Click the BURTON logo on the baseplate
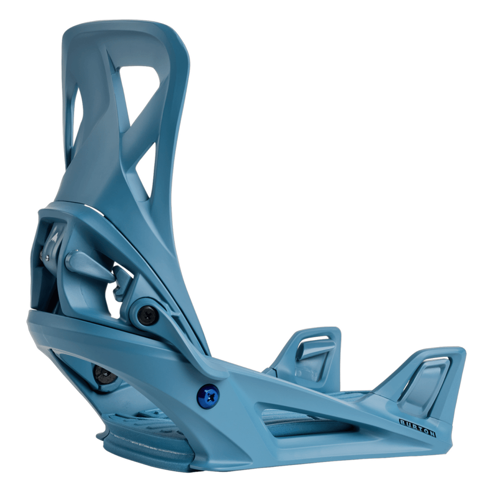tap(417, 428)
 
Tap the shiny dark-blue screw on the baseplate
tap(208, 396)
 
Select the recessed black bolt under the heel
tap(103, 374)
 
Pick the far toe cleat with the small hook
tap(313, 351)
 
